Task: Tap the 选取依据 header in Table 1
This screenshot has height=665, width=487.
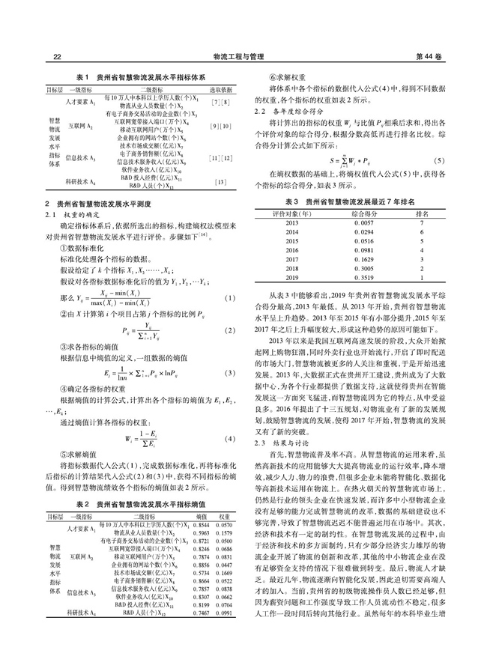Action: [x=220, y=88]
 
